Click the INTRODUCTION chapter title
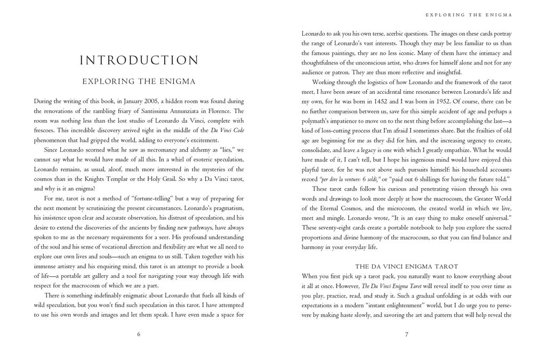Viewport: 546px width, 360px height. coord(139,60)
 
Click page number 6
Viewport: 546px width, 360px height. coord(139,334)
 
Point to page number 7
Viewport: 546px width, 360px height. coord(406,334)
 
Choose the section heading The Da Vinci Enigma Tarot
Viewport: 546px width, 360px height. coord(406,266)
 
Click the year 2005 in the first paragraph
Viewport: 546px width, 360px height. coord(141,101)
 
